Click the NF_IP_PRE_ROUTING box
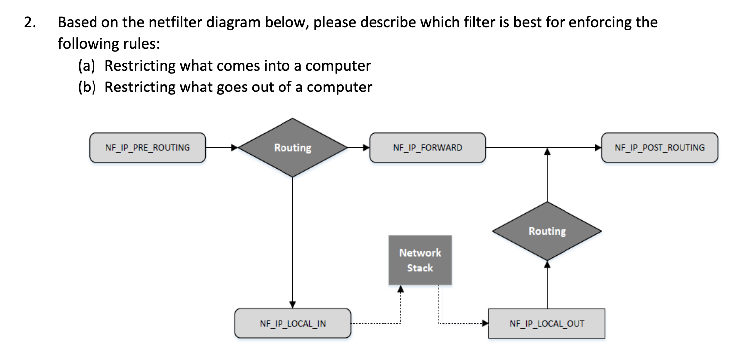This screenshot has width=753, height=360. click(147, 148)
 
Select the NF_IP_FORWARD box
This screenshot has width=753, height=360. click(427, 148)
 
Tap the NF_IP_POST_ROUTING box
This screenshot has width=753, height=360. click(659, 148)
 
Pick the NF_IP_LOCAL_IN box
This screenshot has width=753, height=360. click(293, 324)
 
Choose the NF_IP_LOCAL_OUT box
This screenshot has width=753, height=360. click(547, 324)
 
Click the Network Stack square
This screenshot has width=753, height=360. click(420, 260)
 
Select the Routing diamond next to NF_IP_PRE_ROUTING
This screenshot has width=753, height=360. click(292, 148)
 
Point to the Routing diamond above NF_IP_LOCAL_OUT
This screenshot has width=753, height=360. click(547, 231)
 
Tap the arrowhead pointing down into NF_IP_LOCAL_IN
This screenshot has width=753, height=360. click(293, 304)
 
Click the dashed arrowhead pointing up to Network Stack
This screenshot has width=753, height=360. click(400, 289)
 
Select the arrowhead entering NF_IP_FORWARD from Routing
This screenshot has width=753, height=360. click(365, 148)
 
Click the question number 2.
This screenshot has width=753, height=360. click(29, 23)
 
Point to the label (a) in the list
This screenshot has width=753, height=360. click(88, 66)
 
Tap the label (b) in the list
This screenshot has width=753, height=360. click(88, 87)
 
